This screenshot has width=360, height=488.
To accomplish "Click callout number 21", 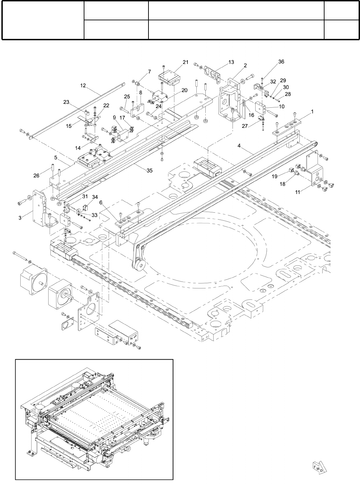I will pos(186,62).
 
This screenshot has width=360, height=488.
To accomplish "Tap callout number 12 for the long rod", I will pos(83,86).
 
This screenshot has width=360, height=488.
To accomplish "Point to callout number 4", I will pos(239,146).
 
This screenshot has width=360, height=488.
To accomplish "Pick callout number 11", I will pos(298,192).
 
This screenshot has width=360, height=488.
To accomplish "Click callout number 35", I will pos(150,170).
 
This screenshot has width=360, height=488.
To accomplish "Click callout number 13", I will pos(231,62).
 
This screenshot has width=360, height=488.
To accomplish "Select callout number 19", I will pos(275,177).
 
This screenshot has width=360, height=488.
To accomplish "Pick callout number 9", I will pos(114,118).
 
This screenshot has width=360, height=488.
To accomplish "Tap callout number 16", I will pos(251,115).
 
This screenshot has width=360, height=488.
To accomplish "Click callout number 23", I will pos(66,102).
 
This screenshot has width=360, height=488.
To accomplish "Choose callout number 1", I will pos(312,112).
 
